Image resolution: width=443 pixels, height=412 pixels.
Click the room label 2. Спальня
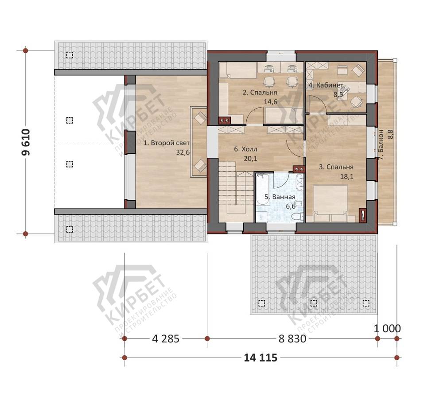[x=260, y=93]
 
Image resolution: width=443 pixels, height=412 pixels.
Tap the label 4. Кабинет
[x=326, y=85]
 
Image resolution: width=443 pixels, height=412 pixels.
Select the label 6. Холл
[x=245, y=149]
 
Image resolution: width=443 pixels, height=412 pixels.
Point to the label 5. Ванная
[x=280, y=197]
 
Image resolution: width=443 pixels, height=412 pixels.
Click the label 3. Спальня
[x=336, y=167]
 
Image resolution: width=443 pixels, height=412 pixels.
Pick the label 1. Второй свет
[x=167, y=143]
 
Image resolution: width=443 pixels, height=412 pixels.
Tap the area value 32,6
[x=183, y=152]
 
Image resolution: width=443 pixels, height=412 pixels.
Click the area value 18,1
[x=347, y=177]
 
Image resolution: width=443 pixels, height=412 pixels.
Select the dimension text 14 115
[x=260, y=358]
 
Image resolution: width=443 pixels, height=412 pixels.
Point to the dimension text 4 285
[x=166, y=338]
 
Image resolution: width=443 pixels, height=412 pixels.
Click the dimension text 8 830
[x=292, y=338]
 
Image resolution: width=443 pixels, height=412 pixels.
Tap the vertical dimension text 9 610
[x=26, y=142]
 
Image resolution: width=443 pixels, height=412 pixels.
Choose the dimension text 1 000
[x=387, y=329]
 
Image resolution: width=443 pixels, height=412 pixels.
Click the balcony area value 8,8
[x=390, y=134]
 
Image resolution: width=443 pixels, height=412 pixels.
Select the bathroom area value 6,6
[x=291, y=206]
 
